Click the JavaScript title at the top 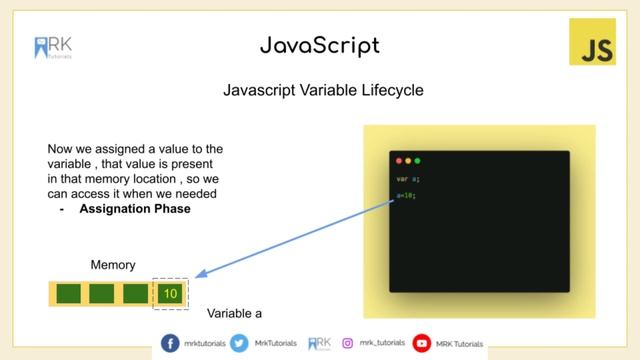319,46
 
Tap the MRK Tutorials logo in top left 53,48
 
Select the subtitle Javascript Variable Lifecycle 323,91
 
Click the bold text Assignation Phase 128,208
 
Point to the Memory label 113,265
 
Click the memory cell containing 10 169,294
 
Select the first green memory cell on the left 69,294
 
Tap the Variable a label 234,313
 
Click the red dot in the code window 399,161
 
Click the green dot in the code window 417,161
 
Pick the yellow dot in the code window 408,161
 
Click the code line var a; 407,179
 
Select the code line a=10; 406,196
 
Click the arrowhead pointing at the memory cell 199,274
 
